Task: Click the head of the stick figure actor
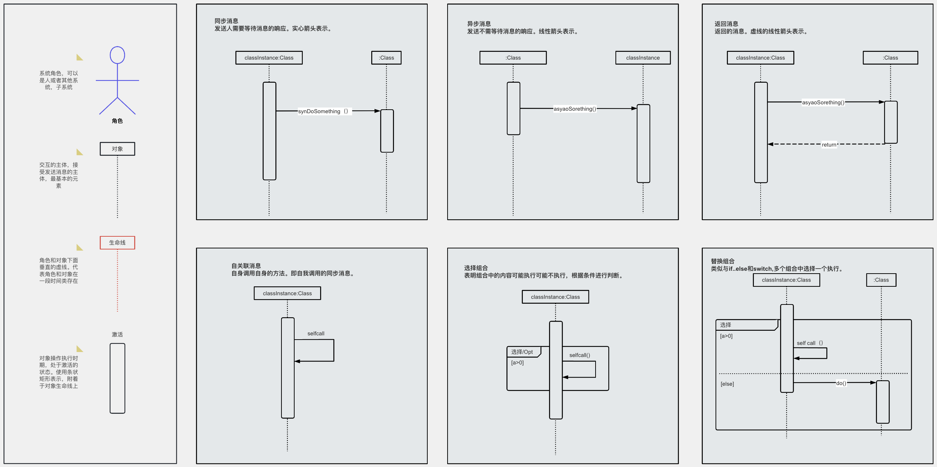pyautogui.click(x=117, y=55)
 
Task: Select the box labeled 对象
pyautogui.click(x=117, y=149)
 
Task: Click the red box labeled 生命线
pyautogui.click(x=117, y=243)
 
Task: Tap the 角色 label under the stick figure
pyautogui.click(x=117, y=121)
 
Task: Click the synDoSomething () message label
pyautogui.click(x=323, y=111)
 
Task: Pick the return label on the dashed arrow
pyautogui.click(x=829, y=144)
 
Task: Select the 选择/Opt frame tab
pyautogui.click(x=522, y=352)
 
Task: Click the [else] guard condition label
pyautogui.click(x=727, y=384)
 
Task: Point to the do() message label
pyautogui.click(x=841, y=383)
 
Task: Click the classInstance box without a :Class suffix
pyautogui.click(x=643, y=58)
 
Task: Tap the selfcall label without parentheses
pyautogui.click(x=316, y=334)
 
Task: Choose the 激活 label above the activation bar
pyautogui.click(x=117, y=334)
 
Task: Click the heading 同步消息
pyautogui.click(x=226, y=21)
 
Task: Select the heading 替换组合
pyautogui.click(x=722, y=261)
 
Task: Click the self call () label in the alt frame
pyautogui.click(x=810, y=343)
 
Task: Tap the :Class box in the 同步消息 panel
pyautogui.click(x=386, y=58)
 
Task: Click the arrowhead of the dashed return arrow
pyautogui.click(x=771, y=144)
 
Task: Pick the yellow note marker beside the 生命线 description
pyautogui.click(x=80, y=248)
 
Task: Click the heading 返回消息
pyautogui.click(x=726, y=24)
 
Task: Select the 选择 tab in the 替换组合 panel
pyautogui.click(x=726, y=325)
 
